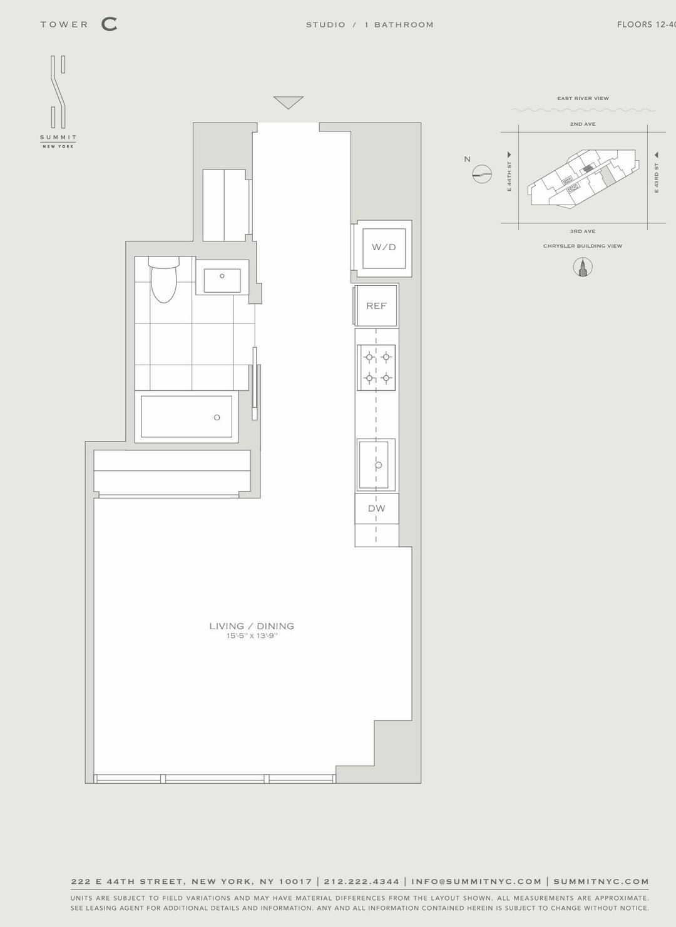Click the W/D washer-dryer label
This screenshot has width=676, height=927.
[x=384, y=248]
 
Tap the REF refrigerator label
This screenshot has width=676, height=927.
[x=376, y=306]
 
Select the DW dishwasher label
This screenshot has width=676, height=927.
[x=377, y=508]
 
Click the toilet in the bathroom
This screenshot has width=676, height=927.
[x=163, y=280]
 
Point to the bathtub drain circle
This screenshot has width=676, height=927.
[x=217, y=417]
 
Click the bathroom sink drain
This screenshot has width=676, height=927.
[x=222, y=276]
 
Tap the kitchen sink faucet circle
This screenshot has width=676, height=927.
[x=378, y=465]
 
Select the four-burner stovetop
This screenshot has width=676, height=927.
[x=376, y=368]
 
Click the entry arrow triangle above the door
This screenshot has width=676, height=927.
[x=289, y=102]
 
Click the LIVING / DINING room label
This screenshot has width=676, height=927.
[x=252, y=626]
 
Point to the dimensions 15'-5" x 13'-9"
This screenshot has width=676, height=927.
[x=252, y=636]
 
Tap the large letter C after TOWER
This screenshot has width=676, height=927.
[x=110, y=24]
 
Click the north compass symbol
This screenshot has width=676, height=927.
[x=482, y=174]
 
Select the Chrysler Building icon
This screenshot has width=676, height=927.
[x=582, y=266]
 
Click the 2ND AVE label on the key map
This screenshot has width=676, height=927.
[x=582, y=124]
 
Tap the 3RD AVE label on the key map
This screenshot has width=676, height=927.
[x=582, y=231]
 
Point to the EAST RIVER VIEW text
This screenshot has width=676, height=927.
[x=583, y=98]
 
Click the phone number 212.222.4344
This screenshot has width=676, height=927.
[x=362, y=881]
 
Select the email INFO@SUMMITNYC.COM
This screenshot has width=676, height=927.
[x=476, y=881]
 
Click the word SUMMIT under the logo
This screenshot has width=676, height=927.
[x=58, y=138]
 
